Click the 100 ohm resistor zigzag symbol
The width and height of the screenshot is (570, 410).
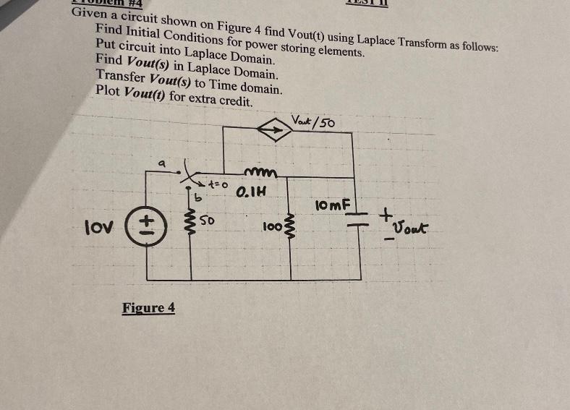pyautogui.click(x=292, y=229)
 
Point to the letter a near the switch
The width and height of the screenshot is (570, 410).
pyautogui.click(x=163, y=164)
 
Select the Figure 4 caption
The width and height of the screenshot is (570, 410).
pyautogui.click(x=148, y=308)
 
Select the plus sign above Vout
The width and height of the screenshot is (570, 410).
pyautogui.click(x=388, y=215)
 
